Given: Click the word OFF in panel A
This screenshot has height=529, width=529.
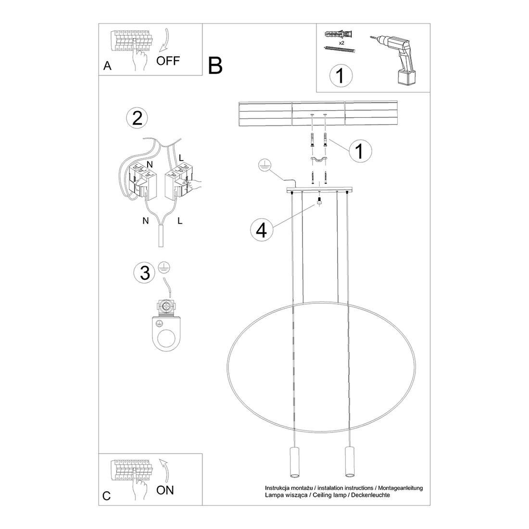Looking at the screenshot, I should pyautogui.click(x=168, y=61).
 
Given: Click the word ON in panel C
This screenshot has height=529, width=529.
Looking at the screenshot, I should pyautogui.click(x=165, y=490).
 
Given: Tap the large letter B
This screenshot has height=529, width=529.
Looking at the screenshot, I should pyautogui.click(x=215, y=66).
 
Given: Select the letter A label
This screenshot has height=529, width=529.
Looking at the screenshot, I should pyautogui.click(x=107, y=66).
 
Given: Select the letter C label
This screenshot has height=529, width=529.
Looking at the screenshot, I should pyautogui.click(x=107, y=496).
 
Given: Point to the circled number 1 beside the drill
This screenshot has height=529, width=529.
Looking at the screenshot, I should pyautogui.click(x=340, y=76).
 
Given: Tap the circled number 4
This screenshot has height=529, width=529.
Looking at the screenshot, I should pyautogui.click(x=261, y=230).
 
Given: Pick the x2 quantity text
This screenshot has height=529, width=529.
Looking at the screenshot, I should pyautogui.click(x=341, y=43).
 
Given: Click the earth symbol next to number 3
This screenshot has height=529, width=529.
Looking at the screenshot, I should pyautogui.click(x=164, y=268).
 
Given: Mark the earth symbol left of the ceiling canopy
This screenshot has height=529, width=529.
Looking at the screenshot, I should pyautogui.click(x=263, y=164).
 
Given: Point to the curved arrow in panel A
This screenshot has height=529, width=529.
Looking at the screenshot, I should pyautogui.click(x=164, y=41).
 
